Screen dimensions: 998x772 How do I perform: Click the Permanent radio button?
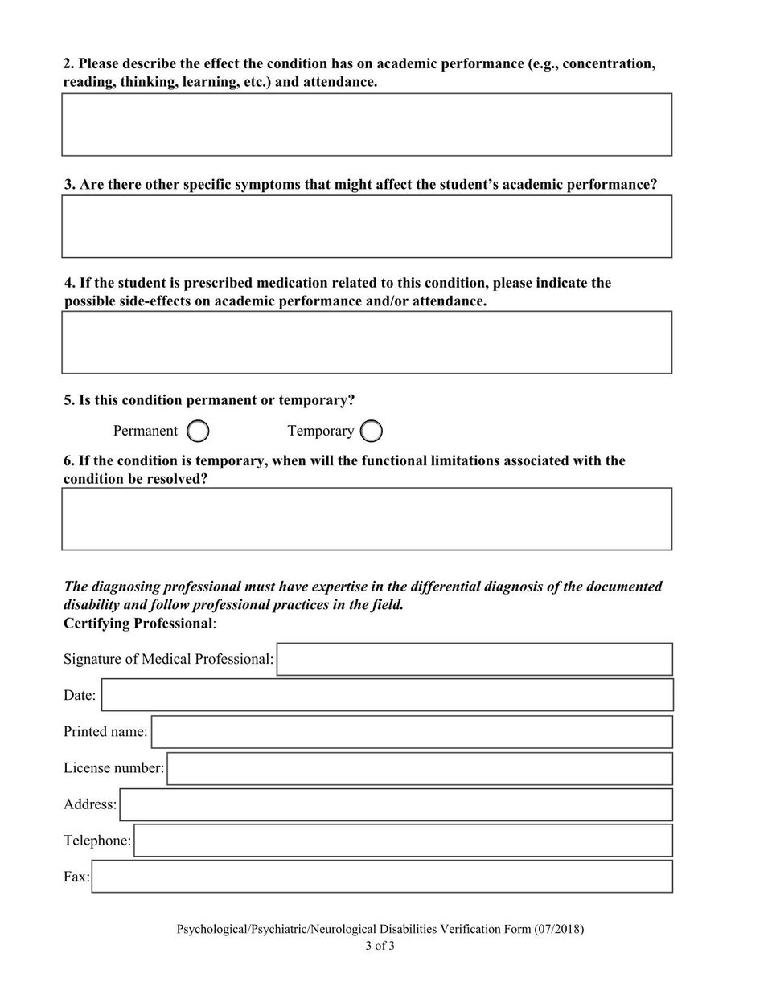click(198, 432)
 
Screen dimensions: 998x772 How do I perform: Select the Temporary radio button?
click(371, 432)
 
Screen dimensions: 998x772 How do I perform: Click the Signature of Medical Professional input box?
click(474, 659)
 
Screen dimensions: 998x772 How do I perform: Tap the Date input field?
click(387, 695)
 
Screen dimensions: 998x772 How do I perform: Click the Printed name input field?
click(411, 732)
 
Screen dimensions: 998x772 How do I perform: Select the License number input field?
click(419, 768)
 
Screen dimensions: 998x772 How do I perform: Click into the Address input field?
click(396, 804)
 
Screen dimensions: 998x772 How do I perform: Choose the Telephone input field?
click(402, 841)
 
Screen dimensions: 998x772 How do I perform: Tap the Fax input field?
click(382, 877)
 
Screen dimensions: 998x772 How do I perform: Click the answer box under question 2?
click(367, 125)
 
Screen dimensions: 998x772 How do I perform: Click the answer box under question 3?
click(367, 227)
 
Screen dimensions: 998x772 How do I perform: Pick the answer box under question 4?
click(367, 342)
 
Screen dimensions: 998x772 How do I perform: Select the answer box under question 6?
click(367, 519)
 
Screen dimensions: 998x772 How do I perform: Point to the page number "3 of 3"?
click(380, 946)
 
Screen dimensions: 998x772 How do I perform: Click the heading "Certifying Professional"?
click(138, 624)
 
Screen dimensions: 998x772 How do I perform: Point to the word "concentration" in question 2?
click(609, 63)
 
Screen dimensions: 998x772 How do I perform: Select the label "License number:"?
click(113, 768)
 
